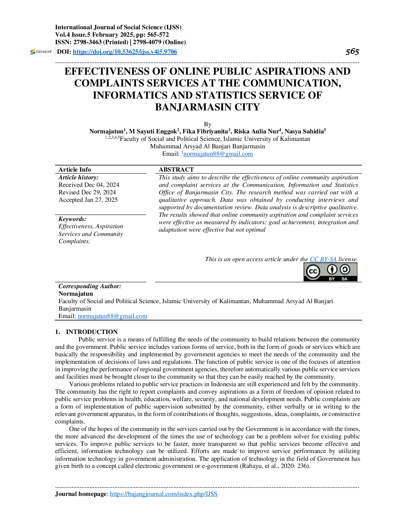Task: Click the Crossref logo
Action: tap(41, 52)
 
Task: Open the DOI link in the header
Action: tap(125, 52)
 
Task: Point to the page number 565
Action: tap(352, 52)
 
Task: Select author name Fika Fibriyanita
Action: tap(205, 131)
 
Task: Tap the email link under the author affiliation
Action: tap(218, 154)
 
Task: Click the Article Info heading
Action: tap(74, 169)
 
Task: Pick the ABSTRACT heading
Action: tap(176, 169)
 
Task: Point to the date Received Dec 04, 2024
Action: tap(89, 185)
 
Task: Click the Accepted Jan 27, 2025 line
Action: tap(88, 200)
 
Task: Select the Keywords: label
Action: tap(72, 219)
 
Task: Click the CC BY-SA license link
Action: tap(323, 259)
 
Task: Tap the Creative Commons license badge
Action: tap(330, 272)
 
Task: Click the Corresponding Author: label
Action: tap(90, 286)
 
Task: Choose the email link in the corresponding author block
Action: tap(112, 316)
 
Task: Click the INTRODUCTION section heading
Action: tap(92, 332)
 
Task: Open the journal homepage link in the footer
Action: tap(163, 494)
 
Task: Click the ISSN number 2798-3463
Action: tap(86, 42)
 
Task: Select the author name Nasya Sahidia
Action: tap(304, 131)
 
